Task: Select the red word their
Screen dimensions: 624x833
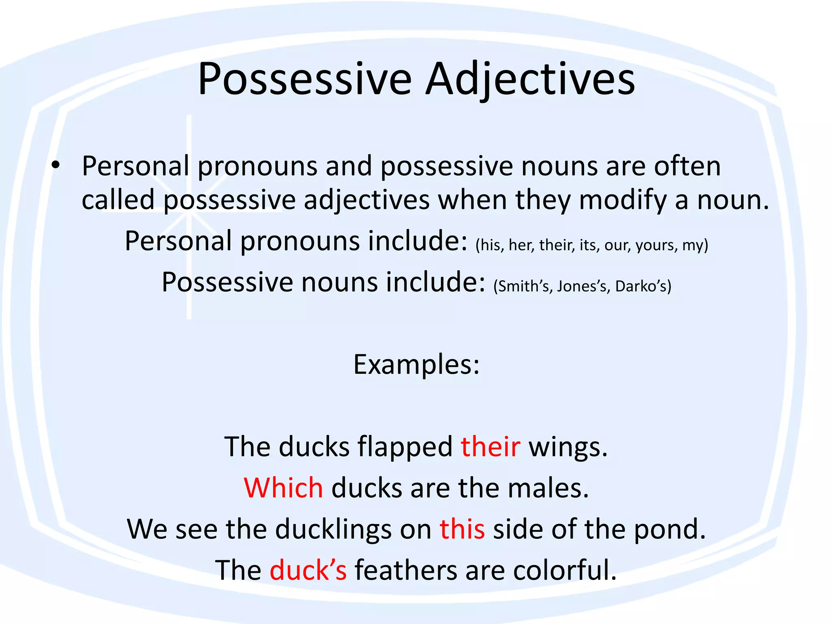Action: click(x=490, y=446)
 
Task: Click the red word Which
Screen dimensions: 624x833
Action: click(x=283, y=487)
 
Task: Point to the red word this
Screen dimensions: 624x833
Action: click(x=462, y=529)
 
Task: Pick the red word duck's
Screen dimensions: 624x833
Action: click(x=308, y=570)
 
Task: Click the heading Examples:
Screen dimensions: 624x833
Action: click(x=416, y=364)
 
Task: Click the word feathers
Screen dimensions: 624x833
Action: click(x=406, y=570)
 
